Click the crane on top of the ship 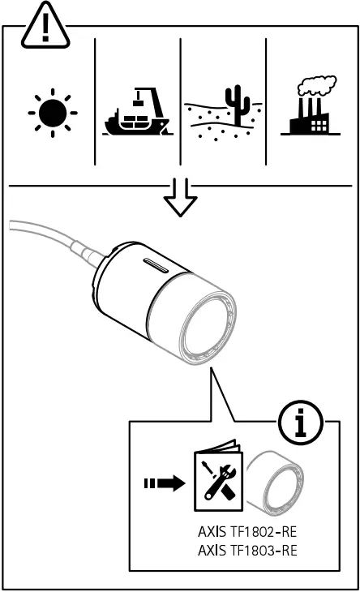click(144, 97)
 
